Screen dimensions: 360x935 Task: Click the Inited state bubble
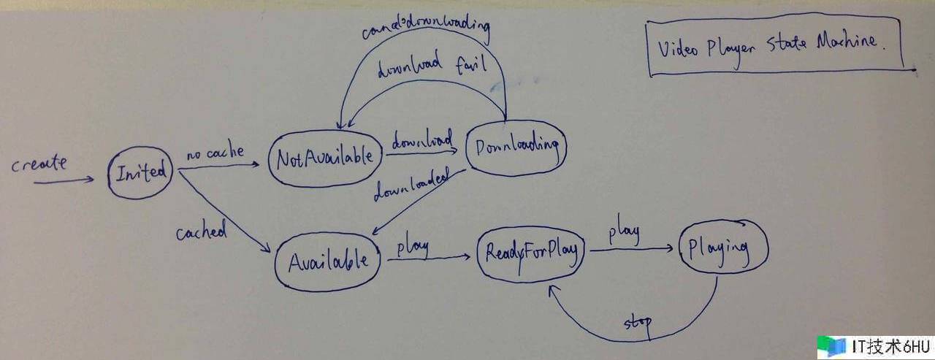tap(141, 173)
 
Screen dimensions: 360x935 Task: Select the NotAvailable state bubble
tap(324, 157)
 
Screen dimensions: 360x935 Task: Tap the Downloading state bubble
tap(516, 147)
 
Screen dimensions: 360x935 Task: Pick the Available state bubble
tap(327, 261)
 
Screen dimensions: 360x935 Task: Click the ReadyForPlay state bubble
tap(532, 252)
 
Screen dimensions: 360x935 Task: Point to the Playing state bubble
tap(724, 249)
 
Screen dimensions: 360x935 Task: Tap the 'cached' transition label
tap(202, 231)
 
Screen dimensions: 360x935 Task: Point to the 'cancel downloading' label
tap(426, 31)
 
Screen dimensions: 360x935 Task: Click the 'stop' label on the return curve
tap(637, 322)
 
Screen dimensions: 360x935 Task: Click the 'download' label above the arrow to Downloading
tap(422, 139)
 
